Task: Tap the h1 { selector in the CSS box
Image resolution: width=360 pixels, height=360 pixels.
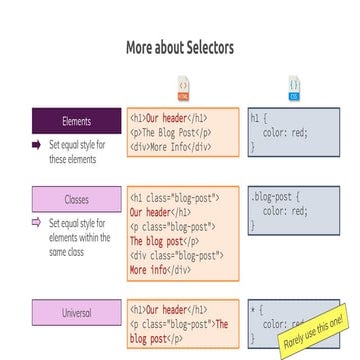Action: (256, 116)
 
